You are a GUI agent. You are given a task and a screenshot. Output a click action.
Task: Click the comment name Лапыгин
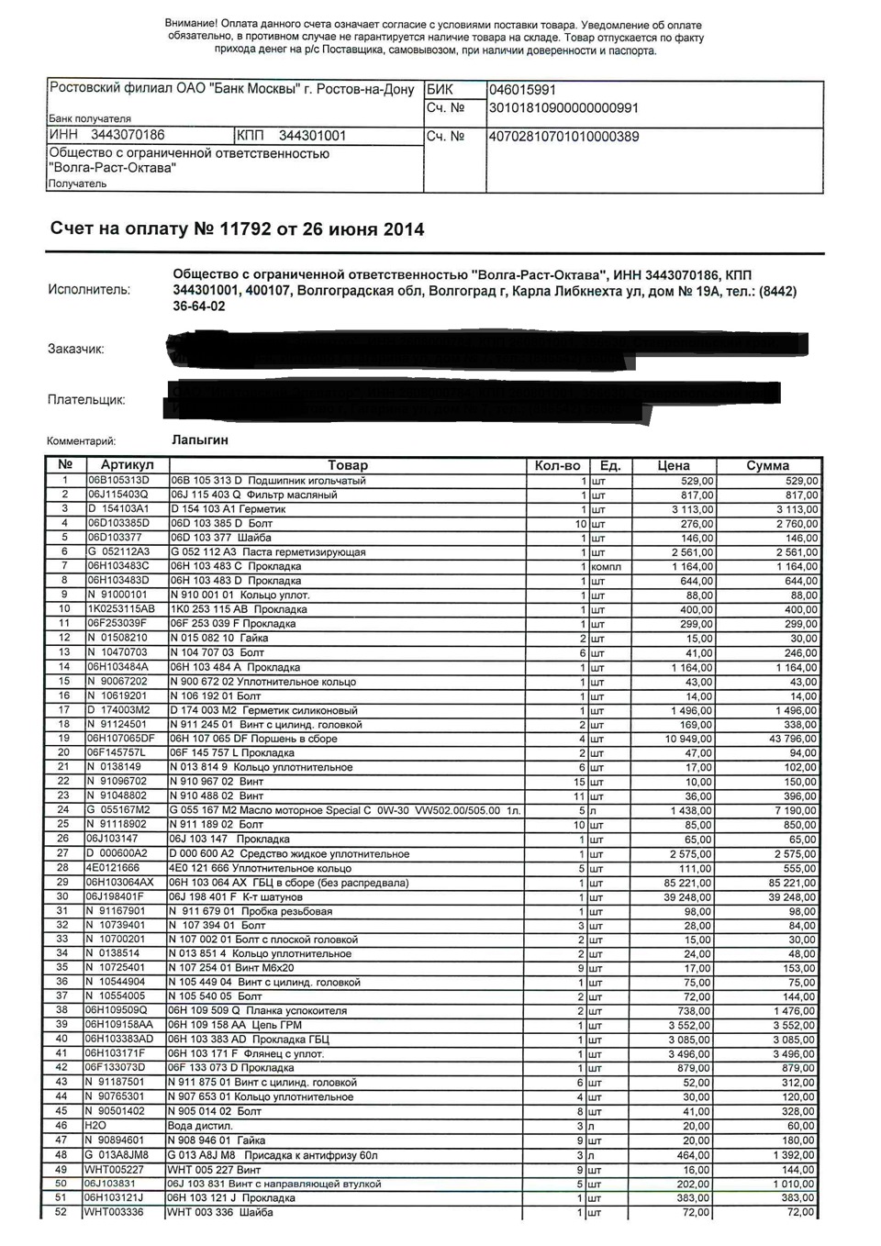point(200,439)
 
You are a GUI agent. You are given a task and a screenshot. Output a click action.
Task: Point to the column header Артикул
point(128,465)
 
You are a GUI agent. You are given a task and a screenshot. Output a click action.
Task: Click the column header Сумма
point(767,465)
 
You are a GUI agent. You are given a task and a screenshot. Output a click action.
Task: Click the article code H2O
point(95,1126)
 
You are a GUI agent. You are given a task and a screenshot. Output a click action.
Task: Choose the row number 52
point(62,1212)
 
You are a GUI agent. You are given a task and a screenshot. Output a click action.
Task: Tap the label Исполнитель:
point(89,290)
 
